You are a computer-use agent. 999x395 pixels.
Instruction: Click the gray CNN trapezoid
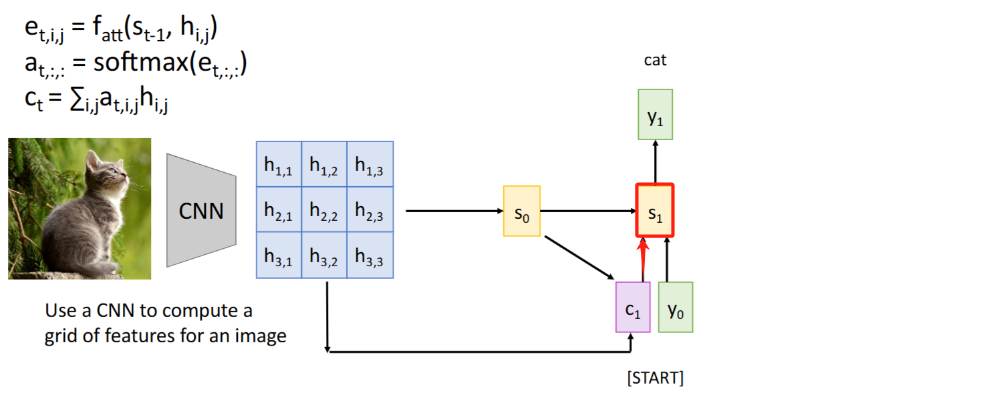point(201,211)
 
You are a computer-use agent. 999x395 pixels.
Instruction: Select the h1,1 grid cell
point(279,165)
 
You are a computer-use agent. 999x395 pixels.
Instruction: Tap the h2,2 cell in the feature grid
point(324,210)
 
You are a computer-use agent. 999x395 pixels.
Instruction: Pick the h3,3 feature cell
point(370,255)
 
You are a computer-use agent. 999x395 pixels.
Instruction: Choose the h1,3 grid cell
point(370,165)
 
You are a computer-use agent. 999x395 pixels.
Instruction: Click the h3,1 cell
point(279,255)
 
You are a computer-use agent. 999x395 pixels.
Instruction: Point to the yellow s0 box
point(522,212)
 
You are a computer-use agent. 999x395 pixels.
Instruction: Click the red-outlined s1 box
point(655,210)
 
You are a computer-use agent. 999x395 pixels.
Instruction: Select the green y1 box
point(655,115)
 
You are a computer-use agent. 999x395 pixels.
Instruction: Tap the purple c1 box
point(632,307)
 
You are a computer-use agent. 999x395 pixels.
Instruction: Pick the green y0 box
point(676,307)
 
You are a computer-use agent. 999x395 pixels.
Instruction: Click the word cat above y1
point(655,60)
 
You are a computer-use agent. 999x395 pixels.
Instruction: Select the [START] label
point(655,378)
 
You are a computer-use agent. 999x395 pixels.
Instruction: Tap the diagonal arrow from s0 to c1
point(579,257)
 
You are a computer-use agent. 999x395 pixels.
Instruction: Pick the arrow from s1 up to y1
point(655,161)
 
